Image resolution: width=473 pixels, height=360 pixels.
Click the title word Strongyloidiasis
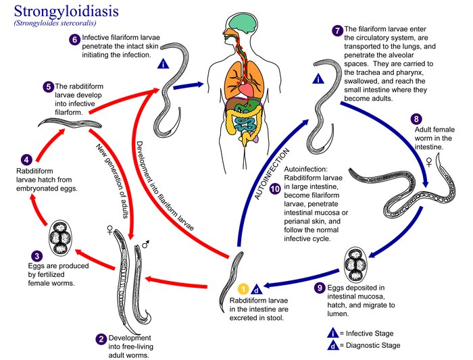click(66, 11)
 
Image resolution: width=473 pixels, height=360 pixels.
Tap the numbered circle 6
click(74, 39)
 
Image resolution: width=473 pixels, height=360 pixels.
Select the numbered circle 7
click(337, 30)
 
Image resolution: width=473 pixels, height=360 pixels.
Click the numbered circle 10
click(275, 189)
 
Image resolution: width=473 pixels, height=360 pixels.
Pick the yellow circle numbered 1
click(243, 289)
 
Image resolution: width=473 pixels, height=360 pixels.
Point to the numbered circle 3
click(36, 256)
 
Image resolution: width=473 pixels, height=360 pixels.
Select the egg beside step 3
click(60, 237)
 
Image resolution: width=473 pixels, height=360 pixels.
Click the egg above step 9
click(356, 265)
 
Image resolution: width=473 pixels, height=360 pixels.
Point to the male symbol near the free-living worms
click(146, 245)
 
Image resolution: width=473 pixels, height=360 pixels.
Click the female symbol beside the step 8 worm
click(429, 162)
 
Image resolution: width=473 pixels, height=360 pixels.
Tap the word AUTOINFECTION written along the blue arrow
click(272, 174)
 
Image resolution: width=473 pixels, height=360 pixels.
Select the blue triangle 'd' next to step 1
click(257, 290)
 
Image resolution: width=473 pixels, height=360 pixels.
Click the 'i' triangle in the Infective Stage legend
click(332, 333)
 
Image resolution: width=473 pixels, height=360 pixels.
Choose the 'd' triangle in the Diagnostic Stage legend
click(332, 345)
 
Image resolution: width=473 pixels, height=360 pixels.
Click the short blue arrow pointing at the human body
click(189, 86)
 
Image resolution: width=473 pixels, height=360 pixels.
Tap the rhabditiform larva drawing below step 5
click(70, 123)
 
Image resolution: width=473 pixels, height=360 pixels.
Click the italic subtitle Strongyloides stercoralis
click(55, 23)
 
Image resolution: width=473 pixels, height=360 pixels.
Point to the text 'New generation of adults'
click(113, 181)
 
